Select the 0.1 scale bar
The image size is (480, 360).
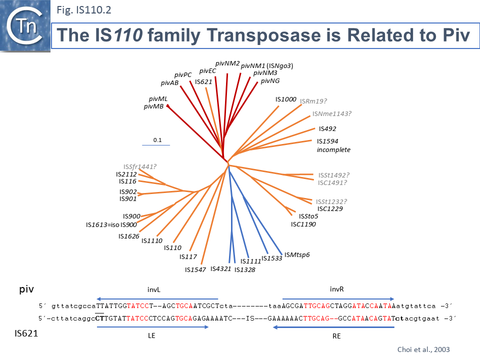(x=156, y=144)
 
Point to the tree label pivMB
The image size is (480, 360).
(x=153, y=106)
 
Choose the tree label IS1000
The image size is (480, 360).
(x=286, y=99)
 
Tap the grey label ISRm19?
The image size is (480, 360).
(x=313, y=101)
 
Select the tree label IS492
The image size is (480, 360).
(x=327, y=128)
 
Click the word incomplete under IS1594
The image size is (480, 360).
(x=333, y=150)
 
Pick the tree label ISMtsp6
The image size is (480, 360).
(x=297, y=255)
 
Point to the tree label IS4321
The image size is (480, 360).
(x=220, y=268)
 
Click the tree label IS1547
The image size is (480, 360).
(x=195, y=270)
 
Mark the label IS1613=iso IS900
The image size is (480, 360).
(x=111, y=224)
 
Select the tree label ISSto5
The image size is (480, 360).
(x=308, y=216)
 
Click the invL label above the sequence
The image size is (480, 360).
(x=153, y=289)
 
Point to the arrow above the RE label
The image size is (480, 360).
(x=334, y=327)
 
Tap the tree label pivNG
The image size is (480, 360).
(x=270, y=81)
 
